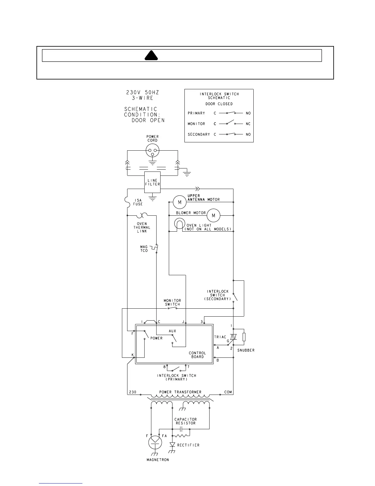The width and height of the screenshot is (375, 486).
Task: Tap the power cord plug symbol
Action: point(152,150)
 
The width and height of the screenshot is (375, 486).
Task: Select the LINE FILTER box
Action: point(152,183)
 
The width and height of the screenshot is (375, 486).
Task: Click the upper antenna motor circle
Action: point(180,202)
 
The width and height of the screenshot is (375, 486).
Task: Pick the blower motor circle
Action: point(214,215)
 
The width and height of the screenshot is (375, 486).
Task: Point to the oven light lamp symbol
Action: point(178,224)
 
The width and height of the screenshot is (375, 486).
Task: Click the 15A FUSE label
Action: point(138,202)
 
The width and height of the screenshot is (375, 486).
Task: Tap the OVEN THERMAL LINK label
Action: point(142,227)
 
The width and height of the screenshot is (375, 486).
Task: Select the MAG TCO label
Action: point(144,249)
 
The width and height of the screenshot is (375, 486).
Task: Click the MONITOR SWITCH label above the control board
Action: point(172,303)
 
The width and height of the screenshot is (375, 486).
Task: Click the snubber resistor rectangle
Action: point(244,337)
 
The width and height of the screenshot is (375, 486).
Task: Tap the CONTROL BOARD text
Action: point(197,355)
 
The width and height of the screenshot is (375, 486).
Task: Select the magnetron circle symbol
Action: point(155,442)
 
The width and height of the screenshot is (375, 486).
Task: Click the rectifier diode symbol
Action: point(172,445)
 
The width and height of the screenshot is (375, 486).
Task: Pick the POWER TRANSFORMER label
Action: point(180,392)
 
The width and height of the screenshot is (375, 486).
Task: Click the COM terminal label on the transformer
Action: point(228,392)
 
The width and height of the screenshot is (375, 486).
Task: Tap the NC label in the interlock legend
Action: point(248,124)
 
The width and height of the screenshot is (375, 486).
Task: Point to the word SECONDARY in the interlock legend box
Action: point(199,134)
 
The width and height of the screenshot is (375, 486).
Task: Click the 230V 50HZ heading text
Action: point(143,92)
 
